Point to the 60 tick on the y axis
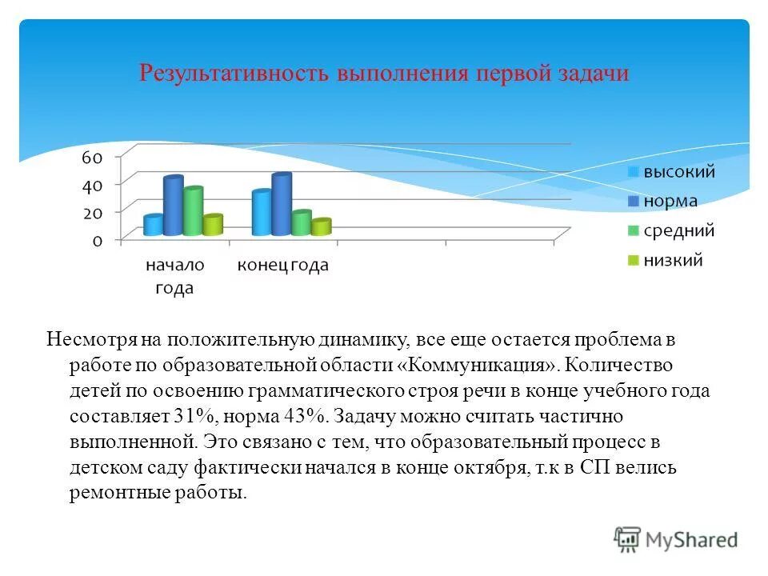coord(92,157)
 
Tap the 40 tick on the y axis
coord(92,185)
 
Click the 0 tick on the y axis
coord(97,240)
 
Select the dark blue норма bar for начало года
coord(174,206)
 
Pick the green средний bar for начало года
coord(193,212)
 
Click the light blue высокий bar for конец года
coord(262,214)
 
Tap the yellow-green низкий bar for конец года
coord(321,227)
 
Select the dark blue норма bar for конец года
coord(282,205)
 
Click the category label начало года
coord(174,276)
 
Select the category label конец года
coord(282,266)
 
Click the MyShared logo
coord(677,538)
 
